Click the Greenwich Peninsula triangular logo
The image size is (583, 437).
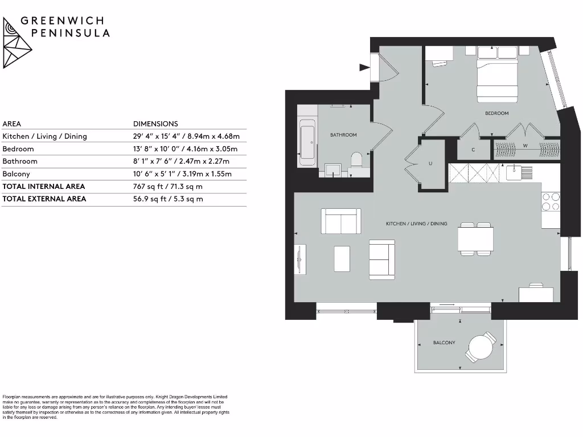[17, 42]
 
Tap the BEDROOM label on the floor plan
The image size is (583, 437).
[496, 113]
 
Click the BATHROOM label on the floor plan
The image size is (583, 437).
[343, 135]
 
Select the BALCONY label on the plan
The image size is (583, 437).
[444, 343]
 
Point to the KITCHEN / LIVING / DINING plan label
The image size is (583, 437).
[416, 224]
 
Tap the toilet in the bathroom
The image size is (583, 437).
[357, 160]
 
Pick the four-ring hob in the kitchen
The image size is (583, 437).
[551, 202]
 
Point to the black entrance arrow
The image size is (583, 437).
[364, 68]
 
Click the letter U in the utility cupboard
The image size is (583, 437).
[430, 164]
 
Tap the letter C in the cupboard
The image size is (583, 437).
[473, 150]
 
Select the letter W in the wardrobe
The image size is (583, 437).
[525, 146]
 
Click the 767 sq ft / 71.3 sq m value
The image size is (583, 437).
[167, 186]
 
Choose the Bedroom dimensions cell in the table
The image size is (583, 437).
[185, 149]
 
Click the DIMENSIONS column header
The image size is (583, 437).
[155, 123]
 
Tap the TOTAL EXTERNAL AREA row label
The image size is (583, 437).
[44, 199]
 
